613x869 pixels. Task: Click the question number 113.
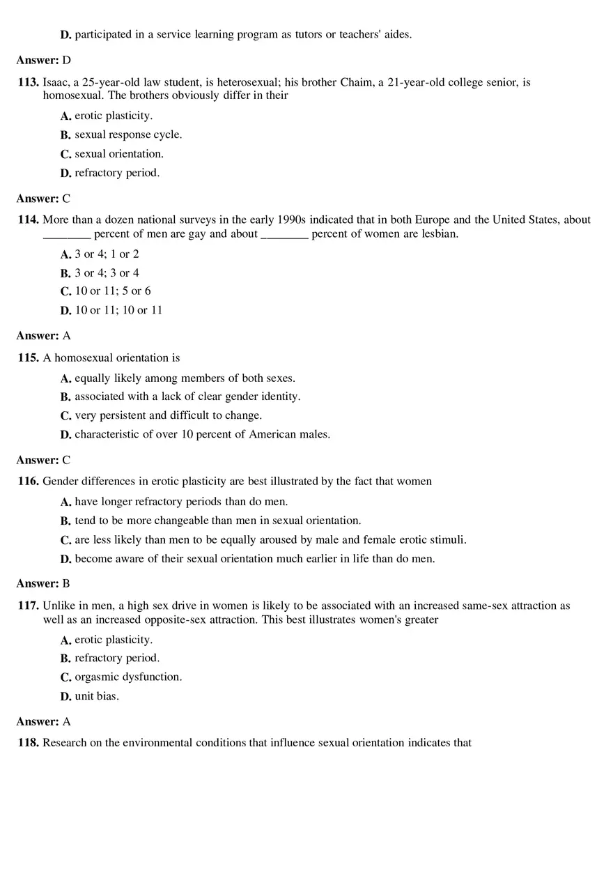click(x=29, y=82)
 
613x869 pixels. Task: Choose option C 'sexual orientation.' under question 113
click(x=119, y=154)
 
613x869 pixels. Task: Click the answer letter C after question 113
click(x=66, y=199)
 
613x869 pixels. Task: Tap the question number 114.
click(x=29, y=220)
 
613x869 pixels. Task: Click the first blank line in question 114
click(x=67, y=235)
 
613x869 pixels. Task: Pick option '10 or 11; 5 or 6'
click(x=113, y=291)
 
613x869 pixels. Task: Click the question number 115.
click(x=29, y=358)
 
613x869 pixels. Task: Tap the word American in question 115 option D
click(x=256, y=435)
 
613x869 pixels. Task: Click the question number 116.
click(x=29, y=482)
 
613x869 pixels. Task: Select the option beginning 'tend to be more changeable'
click(x=217, y=521)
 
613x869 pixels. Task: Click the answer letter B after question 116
click(x=66, y=584)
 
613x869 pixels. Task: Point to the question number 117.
click(x=29, y=606)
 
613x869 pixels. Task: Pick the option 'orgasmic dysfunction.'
click(x=128, y=677)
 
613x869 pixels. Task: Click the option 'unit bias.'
click(x=97, y=696)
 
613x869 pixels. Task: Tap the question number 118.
click(x=29, y=743)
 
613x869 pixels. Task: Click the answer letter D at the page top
click(x=67, y=61)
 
